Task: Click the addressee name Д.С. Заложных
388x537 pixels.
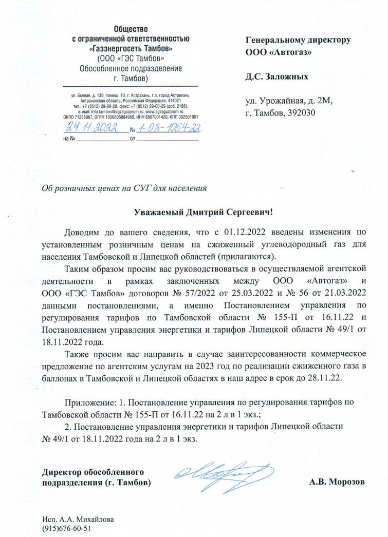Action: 277,78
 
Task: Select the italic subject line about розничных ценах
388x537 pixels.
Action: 124,188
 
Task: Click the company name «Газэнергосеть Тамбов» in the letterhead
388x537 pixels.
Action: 131,48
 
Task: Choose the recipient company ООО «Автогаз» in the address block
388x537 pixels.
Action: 279,51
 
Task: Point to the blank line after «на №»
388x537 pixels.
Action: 101,139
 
